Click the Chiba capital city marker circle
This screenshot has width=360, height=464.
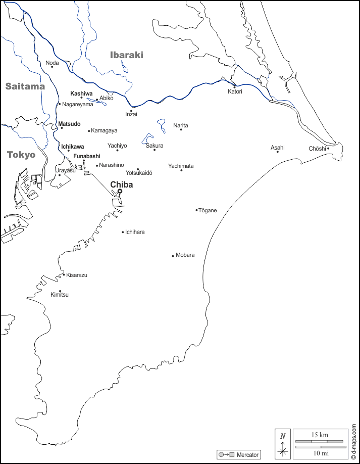pyautogui.click(x=120, y=191)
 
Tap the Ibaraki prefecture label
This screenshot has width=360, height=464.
pyautogui.click(x=127, y=55)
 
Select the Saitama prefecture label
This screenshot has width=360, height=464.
pyautogui.click(x=25, y=86)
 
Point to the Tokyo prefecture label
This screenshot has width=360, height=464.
pyautogui.click(x=21, y=155)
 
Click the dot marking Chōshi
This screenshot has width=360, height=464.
pyautogui.click(x=328, y=148)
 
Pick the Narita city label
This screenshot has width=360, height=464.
pyautogui.click(x=180, y=125)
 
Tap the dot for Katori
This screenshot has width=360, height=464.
pyautogui.click(x=234, y=86)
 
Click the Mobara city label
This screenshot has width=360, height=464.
pyautogui.click(x=185, y=255)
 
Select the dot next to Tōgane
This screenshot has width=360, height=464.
pyautogui.click(x=196, y=210)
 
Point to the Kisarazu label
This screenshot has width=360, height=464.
pyautogui.click(x=76, y=275)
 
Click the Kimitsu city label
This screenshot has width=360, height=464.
pyautogui.click(x=60, y=295)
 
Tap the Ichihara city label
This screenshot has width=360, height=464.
pyautogui.click(x=135, y=232)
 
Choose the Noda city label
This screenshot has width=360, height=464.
pyautogui.click(x=52, y=63)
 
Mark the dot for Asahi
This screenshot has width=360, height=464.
pyautogui.click(x=277, y=152)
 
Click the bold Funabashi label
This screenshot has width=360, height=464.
pyautogui.click(x=87, y=156)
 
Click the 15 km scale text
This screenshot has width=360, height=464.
pyautogui.click(x=320, y=435)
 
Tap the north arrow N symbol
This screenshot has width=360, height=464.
pyautogui.click(x=283, y=436)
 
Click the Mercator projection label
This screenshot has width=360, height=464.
pyautogui.click(x=247, y=455)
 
